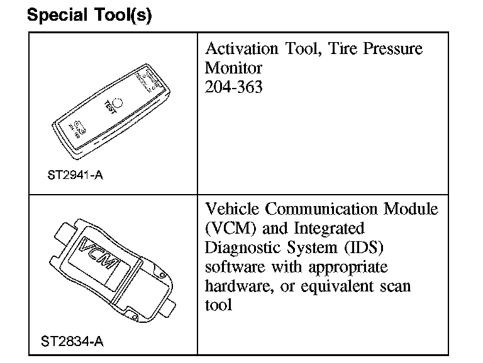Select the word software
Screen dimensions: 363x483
pyautogui.click(x=231, y=266)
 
